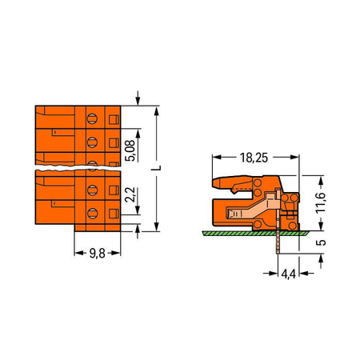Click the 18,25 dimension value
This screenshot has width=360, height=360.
tap(254, 158)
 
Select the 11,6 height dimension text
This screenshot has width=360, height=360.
tap(321, 202)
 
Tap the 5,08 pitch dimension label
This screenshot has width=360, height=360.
tap(130, 150)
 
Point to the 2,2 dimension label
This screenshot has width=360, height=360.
tap(130, 195)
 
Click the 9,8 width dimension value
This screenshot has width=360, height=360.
tap(97, 253)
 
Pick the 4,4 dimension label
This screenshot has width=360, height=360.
tap(289, 274)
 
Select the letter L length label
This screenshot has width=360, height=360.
tap(158, 168)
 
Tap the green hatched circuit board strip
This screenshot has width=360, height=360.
tap(255, 234)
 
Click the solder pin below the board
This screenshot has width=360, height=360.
tap(278, 242)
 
